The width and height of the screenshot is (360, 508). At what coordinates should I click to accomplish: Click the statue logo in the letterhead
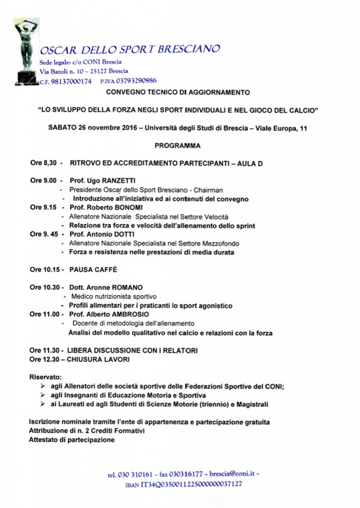point(24,51)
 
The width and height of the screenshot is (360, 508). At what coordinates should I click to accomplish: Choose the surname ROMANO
point(126,287)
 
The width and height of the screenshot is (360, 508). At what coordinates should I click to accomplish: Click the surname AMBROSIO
point(128,314)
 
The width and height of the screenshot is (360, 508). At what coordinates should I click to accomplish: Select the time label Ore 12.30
point(45,359)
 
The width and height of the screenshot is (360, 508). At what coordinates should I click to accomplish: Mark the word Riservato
point(45,377)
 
